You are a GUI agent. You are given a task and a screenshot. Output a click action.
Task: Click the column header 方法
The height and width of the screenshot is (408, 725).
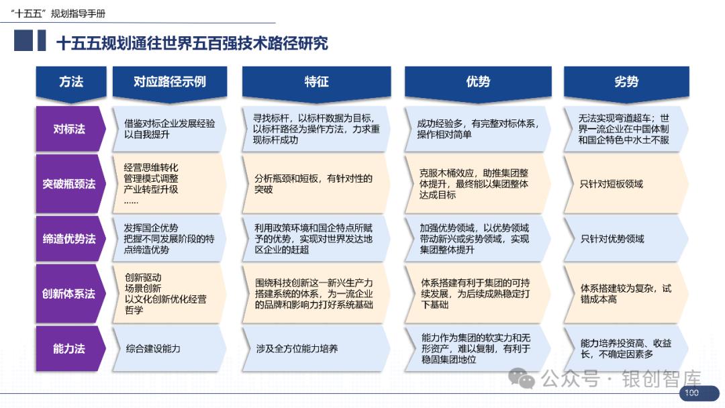[x=71, y=83]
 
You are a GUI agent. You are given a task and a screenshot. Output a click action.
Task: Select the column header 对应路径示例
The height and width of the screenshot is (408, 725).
[x=170, y=83]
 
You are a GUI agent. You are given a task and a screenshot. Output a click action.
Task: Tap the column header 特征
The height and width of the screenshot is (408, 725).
[x=316, y=83]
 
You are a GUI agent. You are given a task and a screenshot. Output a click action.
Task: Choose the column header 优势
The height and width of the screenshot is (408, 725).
[x=478, y=83]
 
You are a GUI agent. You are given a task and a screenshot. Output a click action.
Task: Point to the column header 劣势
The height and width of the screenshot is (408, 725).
[x=626, y=83]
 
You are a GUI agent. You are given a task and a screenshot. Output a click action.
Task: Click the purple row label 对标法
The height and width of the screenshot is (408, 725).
[x=69, y=129]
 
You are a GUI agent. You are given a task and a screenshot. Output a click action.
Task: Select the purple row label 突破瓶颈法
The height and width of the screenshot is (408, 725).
[x=69, y=184]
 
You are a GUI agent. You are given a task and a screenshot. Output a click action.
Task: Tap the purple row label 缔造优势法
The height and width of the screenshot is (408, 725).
[x=69, y=239]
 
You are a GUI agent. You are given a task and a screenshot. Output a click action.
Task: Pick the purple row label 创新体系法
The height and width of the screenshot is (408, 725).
[x=69, y=293]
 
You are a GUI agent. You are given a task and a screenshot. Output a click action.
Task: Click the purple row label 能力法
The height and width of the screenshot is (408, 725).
[x=69, y=348]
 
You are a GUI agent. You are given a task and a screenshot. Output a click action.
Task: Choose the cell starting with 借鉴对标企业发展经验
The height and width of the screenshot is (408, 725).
[x=169, y=129]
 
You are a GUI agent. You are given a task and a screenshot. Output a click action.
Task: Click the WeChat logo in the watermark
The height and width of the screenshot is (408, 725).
[x=522, y=378]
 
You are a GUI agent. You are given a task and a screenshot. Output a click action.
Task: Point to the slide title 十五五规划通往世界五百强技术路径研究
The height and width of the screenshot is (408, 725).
[x=192, y=44]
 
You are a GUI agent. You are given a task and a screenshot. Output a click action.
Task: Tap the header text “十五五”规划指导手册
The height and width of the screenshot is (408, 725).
[x=58, y=13]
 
